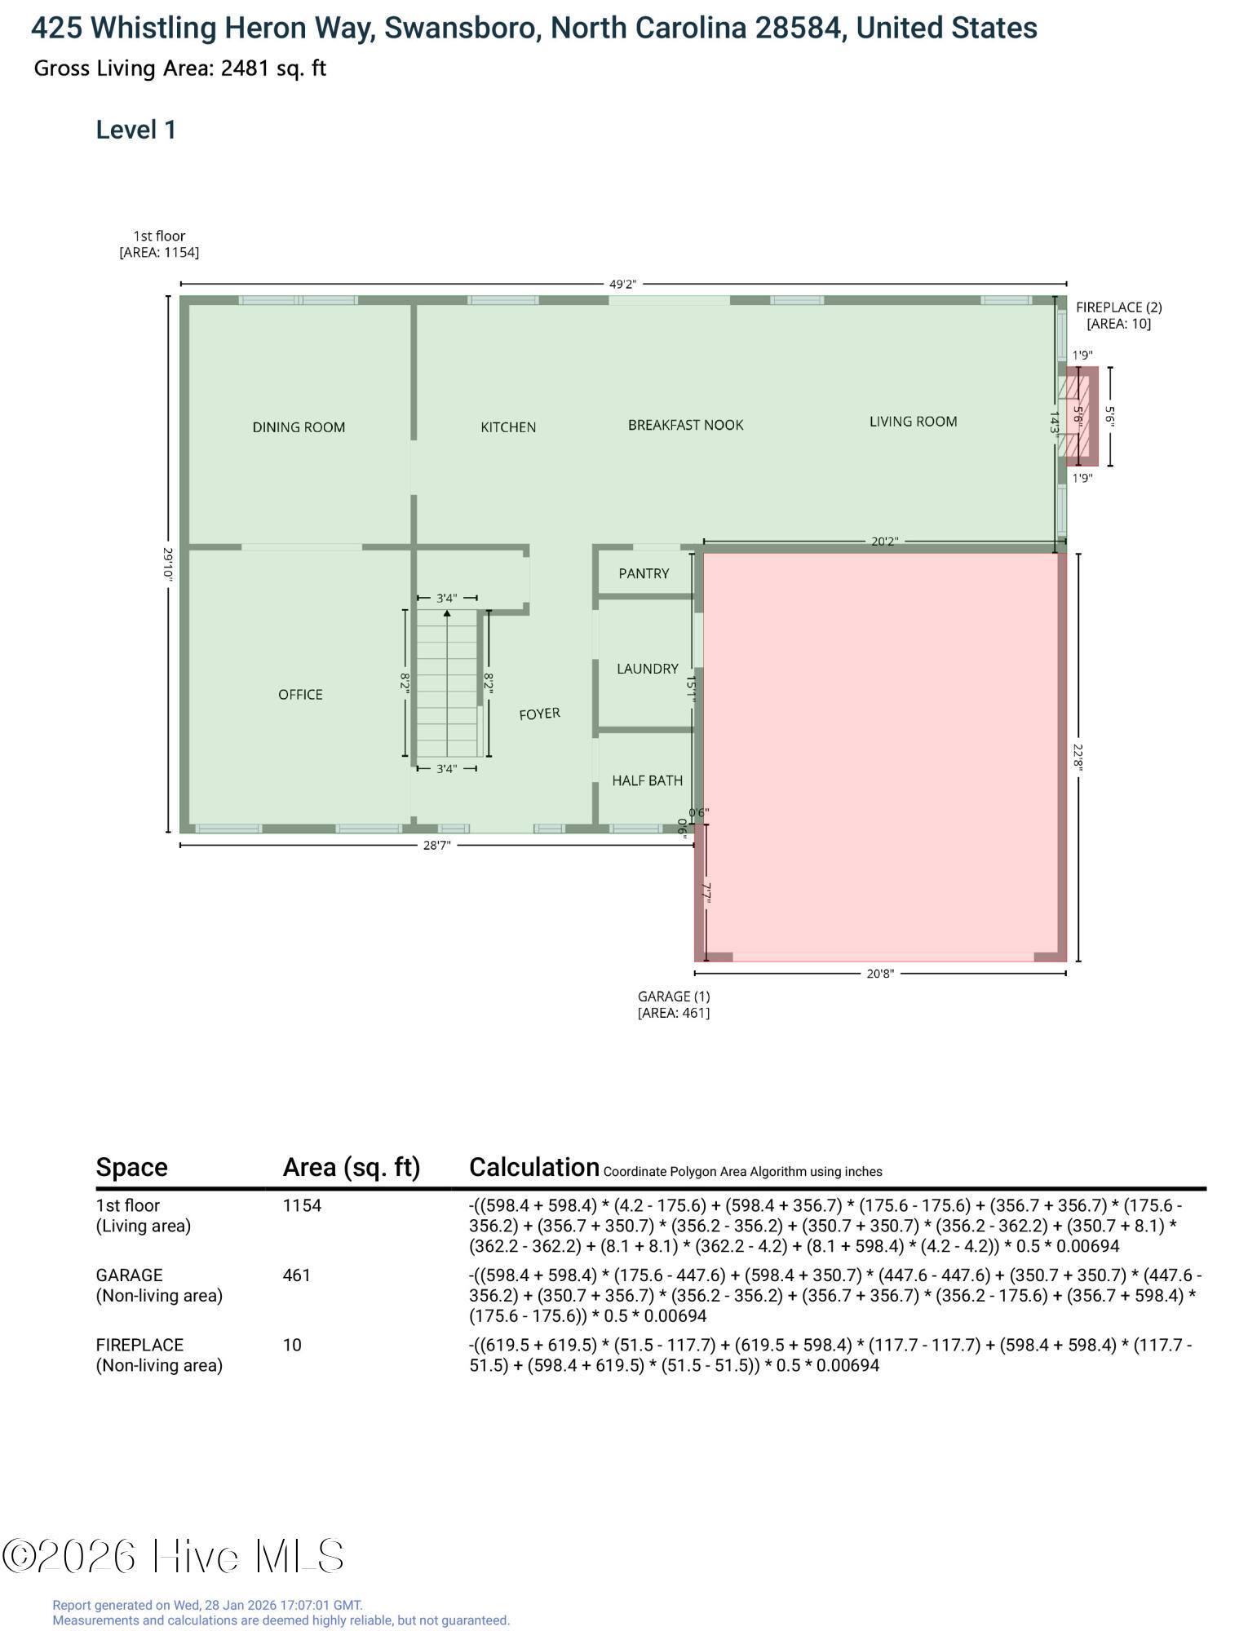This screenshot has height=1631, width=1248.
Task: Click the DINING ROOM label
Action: coord(299,427)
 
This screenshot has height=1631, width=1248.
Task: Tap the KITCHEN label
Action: coord(508,427)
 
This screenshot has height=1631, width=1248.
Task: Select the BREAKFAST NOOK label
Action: coord(686,425)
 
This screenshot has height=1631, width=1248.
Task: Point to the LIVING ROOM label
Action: coord(913,422)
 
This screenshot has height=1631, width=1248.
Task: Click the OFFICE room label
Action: coord(300,695)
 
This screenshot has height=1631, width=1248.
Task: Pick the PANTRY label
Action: coord(644,574)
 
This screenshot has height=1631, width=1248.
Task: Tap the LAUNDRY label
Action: coord(648,669)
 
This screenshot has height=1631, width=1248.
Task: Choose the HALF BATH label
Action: coord(648,780)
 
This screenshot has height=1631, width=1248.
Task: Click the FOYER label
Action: coord(540,714)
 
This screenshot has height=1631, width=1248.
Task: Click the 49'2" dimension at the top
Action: coord(622,285)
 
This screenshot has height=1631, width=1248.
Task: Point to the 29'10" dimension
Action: coord(167,564)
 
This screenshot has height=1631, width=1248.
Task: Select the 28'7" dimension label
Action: coord(436,846)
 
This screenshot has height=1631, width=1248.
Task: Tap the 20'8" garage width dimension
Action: coord(880,974)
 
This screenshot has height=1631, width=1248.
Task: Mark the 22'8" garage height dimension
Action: coord(1078,757)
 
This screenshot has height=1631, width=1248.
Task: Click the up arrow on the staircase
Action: coord(447,613)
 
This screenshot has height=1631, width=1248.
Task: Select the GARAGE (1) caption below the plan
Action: coord(674,997)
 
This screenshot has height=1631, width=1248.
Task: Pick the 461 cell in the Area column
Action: coord(297,1275)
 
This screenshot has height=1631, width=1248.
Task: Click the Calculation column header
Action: coord(534,1168)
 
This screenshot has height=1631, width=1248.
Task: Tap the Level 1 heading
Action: coord(136,130)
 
